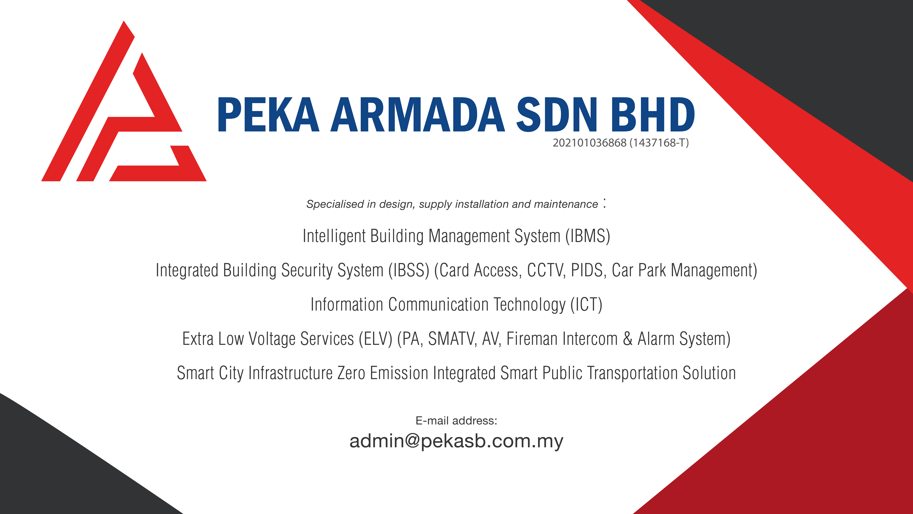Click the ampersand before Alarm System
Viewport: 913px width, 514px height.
[628, 339]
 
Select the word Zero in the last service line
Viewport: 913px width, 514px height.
[351, 373]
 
